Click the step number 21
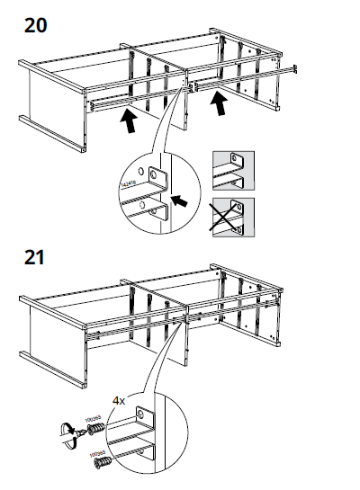(35, 260)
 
